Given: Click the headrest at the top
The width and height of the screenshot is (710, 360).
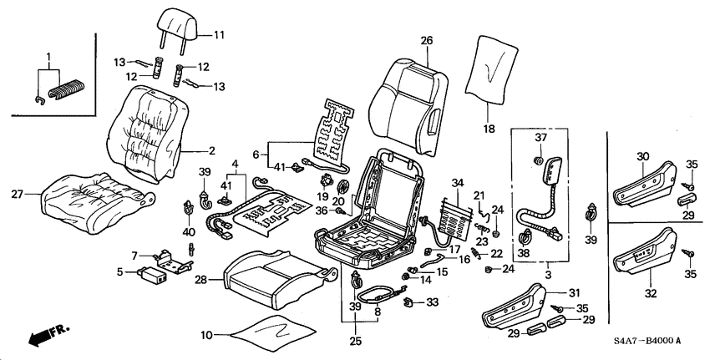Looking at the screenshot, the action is point(177,26).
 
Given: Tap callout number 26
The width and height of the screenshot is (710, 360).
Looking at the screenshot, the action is point(427,41).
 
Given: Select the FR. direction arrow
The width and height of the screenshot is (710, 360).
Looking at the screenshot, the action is point(48,334).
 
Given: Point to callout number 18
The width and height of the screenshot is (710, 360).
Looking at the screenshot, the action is point(489,129).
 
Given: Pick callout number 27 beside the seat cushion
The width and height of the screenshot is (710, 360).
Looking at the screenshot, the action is point(18,195).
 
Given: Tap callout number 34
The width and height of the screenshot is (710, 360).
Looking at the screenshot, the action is point(458,183).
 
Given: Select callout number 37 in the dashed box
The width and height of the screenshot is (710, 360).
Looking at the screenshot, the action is point(541,138).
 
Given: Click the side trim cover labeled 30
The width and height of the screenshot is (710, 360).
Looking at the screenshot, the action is point(644,185).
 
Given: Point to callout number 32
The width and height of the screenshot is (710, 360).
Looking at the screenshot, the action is point(651,293).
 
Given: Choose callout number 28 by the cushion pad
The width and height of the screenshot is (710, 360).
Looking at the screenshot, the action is point(201,280).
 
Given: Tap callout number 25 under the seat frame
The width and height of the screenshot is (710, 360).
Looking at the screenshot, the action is point(356,341).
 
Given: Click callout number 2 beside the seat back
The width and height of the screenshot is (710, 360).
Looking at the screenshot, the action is point(211,151).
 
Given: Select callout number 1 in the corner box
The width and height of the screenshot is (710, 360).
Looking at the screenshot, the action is point(49,58).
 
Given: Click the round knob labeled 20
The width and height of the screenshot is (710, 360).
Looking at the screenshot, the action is point(344,186).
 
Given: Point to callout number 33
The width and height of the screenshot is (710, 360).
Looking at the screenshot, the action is point(432,302).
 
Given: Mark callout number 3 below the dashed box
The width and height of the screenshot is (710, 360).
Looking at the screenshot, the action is point(547,275).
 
